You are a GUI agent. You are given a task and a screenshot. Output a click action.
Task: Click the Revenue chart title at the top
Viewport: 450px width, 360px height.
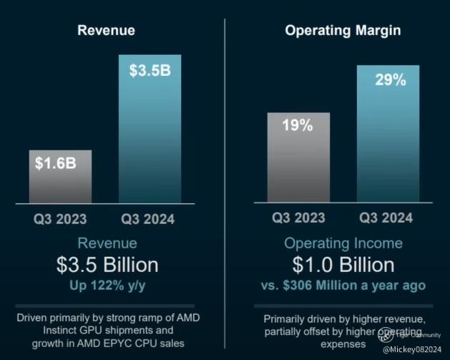click(107, 31)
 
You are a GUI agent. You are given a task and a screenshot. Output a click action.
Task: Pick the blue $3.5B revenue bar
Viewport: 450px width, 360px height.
click(150, 129)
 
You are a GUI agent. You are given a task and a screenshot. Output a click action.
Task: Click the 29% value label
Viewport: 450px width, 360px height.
click(390, 79)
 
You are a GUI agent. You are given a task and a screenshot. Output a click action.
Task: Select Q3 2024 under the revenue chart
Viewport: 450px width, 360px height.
click(147, 219)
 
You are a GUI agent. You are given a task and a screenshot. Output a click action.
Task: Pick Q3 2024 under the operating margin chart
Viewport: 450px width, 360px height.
click(386, 219)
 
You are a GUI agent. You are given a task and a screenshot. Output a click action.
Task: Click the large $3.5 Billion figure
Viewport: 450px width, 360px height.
click(107, 265)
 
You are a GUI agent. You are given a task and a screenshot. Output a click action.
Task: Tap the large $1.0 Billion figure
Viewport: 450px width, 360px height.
click(343, 265)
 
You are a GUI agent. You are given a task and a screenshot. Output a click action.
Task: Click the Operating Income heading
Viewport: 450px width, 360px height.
click(343, 243)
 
